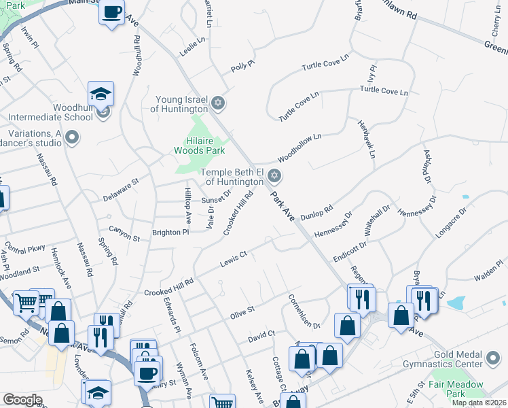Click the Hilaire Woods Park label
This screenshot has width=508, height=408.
pos(199,144)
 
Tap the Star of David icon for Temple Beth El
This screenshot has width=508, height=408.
pos(274,176)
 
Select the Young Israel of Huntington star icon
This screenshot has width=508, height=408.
pos(217,103)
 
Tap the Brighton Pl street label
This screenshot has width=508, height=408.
pos(170,232)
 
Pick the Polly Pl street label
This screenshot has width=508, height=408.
pos(242,66)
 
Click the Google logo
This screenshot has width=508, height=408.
pos(22,399)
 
